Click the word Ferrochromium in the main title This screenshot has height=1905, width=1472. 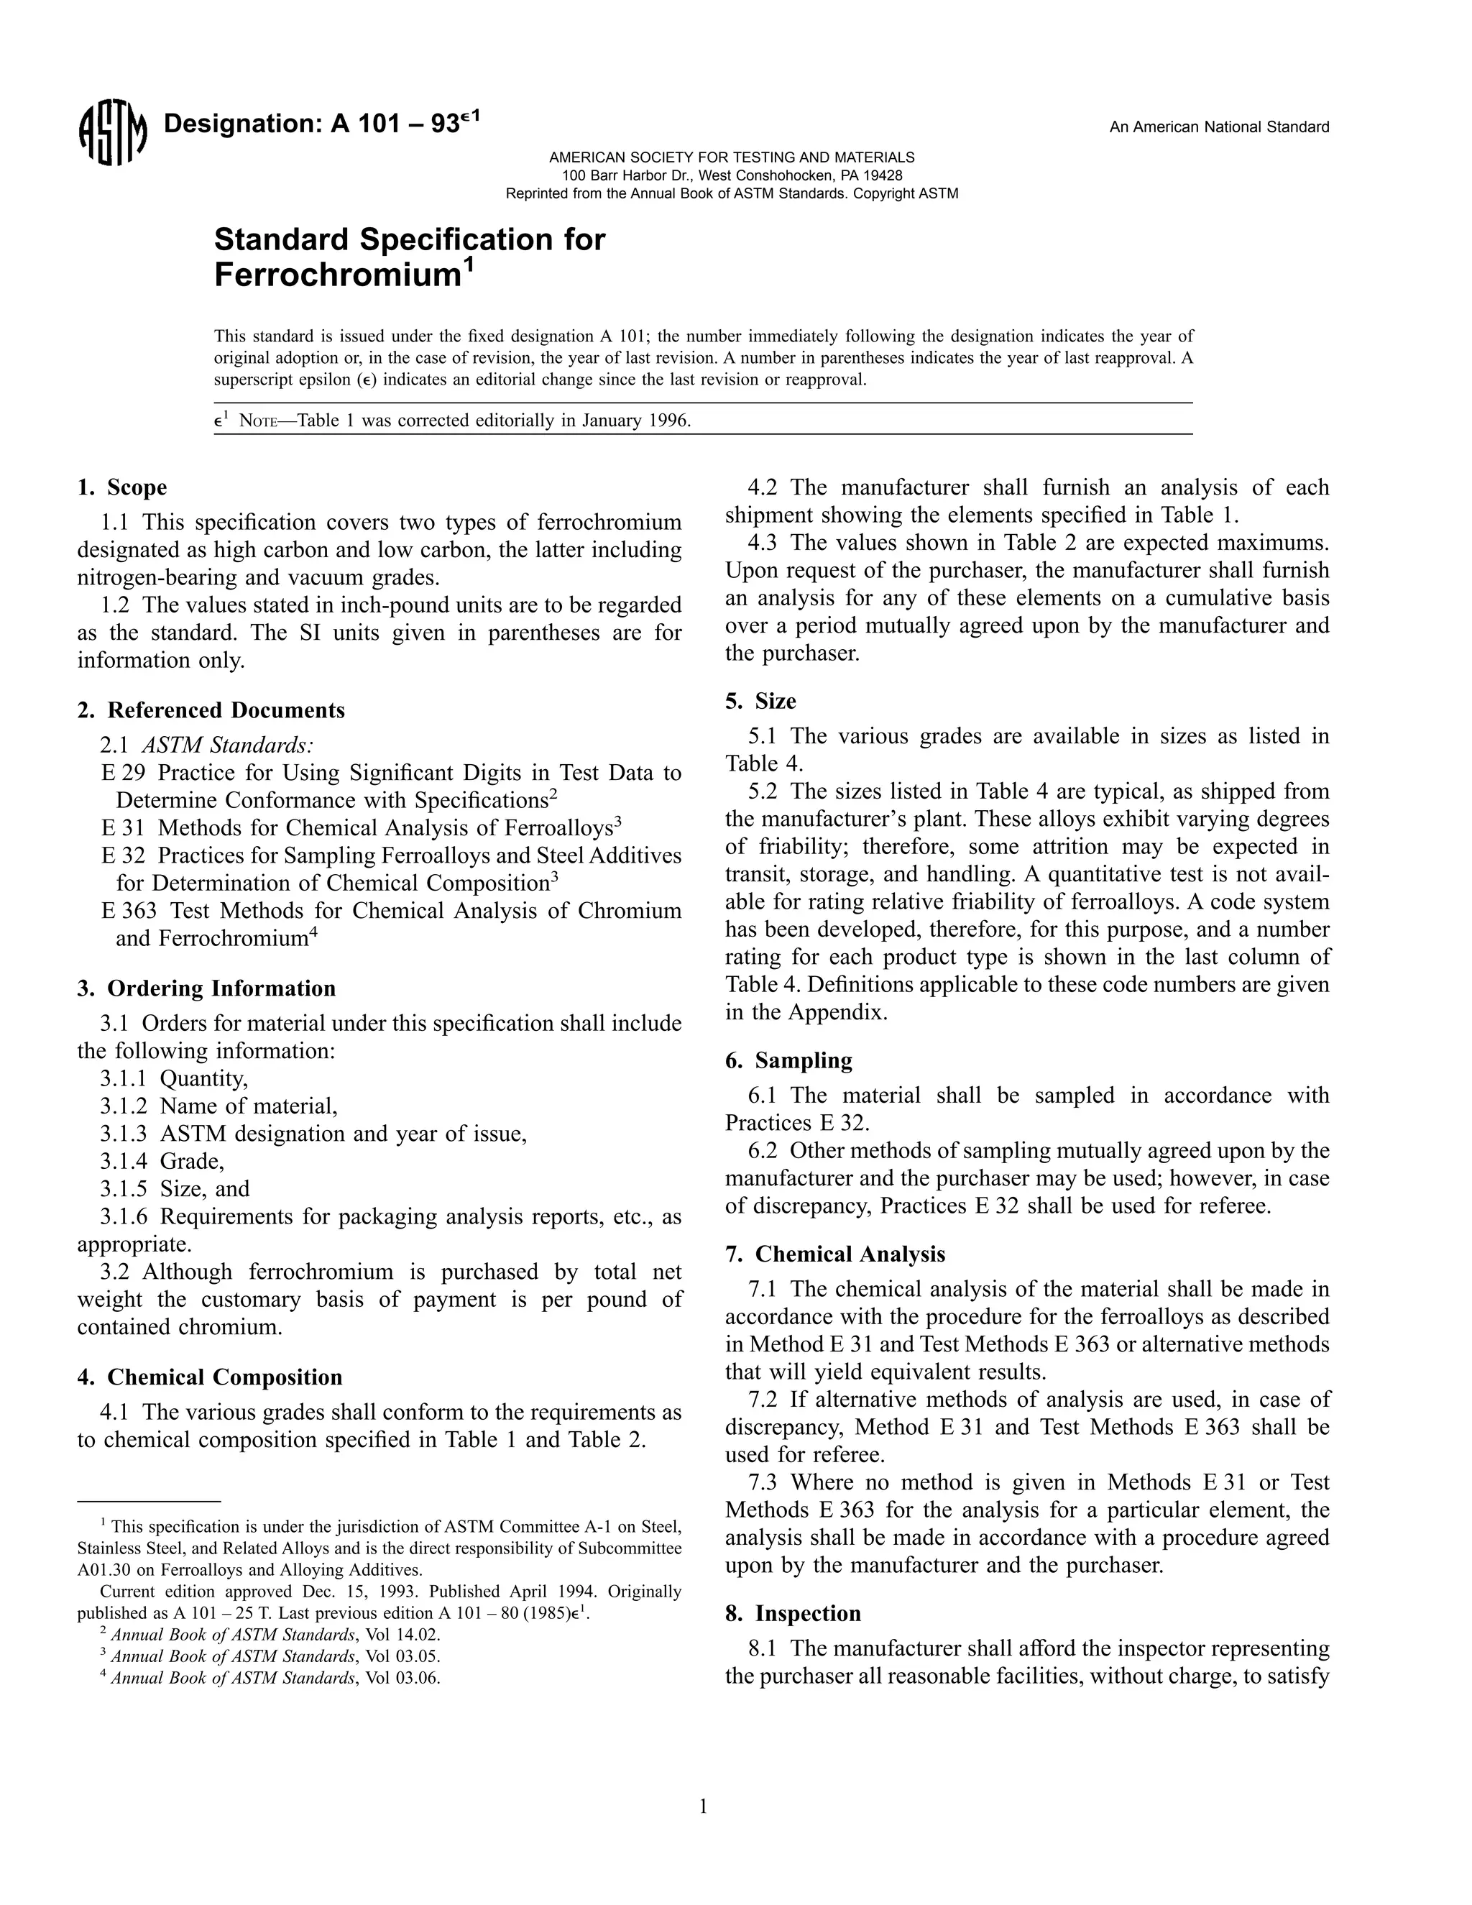(336, 275)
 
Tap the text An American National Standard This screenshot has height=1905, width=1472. (1218, 127)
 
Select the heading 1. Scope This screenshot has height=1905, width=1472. (122, 487)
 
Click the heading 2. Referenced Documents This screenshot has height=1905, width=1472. (211, 710)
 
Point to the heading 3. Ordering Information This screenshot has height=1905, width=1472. (207, 988)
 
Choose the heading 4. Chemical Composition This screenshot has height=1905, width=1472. (210, 1377)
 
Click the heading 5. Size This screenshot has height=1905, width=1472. (760, 702)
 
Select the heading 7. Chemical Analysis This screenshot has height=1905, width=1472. (834, 1254)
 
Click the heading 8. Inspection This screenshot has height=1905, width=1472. (793, 1614)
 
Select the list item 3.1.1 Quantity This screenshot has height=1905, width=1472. (173, 1079)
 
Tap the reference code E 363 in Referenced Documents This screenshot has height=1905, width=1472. (129, 911)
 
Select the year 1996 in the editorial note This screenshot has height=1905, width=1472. (671, 421)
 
